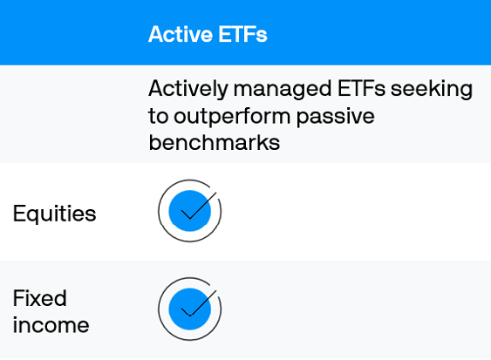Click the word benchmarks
point(214,142)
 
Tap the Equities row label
point(54,214)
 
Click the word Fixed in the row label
point(39,298)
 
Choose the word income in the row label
point(51,325)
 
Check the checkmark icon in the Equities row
point(190,210)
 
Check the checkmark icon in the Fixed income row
point(190,308)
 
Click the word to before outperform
point(158,116)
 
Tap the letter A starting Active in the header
point(155,34)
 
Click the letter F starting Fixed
point(18,298)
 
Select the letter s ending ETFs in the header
point(262,35)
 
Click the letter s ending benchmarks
point(275,143)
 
